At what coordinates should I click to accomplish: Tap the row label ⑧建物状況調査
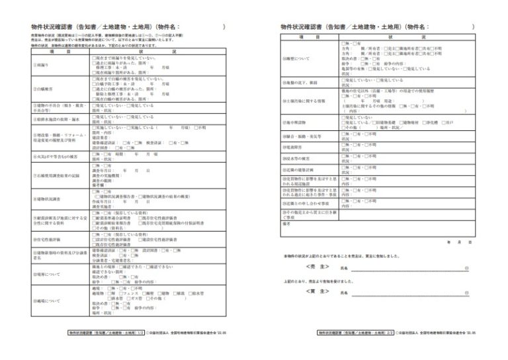[x=47, y=198]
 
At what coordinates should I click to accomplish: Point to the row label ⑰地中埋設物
[x=295, y=122]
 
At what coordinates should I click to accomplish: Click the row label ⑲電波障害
[x=292, y=146]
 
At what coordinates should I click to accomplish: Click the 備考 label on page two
[x=286, y=224]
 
